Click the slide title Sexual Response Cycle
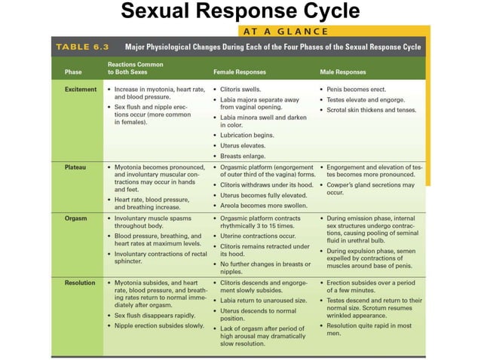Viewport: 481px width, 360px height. (x=240, y=12)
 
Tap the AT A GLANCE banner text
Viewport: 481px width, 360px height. (x=284, y=31)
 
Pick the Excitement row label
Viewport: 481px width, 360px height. (x=81, y=89)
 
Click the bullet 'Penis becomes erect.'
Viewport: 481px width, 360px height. (x=356, y=89)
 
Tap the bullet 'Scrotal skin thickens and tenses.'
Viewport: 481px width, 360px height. (x=372, y=110)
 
